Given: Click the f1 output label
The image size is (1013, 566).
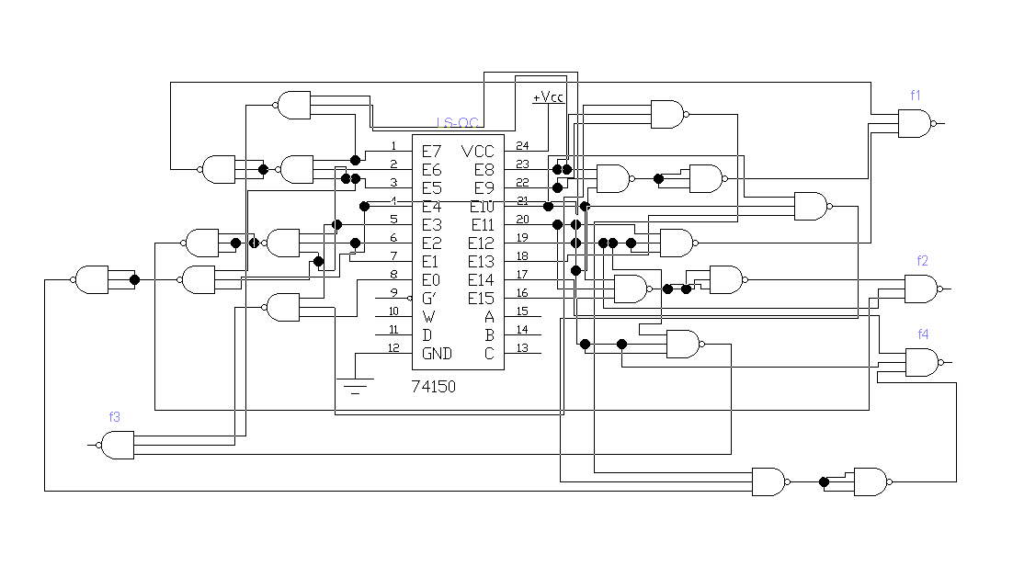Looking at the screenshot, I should [x=916, y=95].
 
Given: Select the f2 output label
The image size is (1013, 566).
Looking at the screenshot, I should [x=922, y=261].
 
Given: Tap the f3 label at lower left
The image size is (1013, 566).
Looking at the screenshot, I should [x=115, y=416].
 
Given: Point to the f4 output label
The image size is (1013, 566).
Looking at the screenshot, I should [x=922, y=334].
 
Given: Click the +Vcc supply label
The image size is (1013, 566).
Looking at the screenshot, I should [x=548, y=96].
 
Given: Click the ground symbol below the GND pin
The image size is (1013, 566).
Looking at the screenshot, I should [x=355, y=384].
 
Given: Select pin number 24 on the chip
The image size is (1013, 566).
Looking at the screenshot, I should [x=522, y=146].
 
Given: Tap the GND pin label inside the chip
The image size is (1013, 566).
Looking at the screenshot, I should [x=438, y=354].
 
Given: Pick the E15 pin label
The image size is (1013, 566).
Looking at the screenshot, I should [x=481, y=298].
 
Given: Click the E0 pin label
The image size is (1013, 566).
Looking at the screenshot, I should [x=431, y=280].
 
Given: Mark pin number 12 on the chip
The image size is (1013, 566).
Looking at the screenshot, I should [x=393, y=348].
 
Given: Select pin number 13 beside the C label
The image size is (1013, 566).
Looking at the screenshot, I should [x=522, y=348].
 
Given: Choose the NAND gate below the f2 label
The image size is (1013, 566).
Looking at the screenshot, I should [x=922, y=289].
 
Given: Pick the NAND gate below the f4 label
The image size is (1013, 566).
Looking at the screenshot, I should [x=922, y=363].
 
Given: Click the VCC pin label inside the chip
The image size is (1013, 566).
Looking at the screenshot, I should [x=477, y=151].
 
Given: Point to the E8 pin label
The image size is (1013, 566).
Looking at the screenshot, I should [x=484, y=170].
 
